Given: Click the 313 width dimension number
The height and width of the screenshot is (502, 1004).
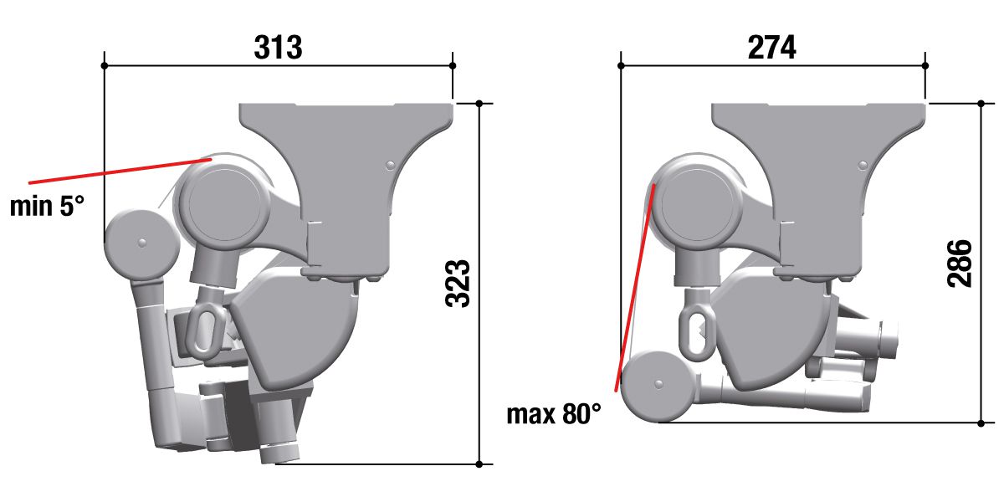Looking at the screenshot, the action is pyautogui.click(x=278, y=47).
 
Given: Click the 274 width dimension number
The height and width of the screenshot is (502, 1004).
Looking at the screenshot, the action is pyautogui.click(x=771, y=47).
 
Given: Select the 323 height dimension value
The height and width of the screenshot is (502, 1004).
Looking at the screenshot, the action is pyautogui.click(x=458, y=284).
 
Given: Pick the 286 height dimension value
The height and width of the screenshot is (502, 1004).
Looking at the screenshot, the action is pyautogui.click(x=959, y=264).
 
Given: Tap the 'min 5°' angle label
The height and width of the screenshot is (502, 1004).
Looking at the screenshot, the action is pyautogui.click(x=47, y=206).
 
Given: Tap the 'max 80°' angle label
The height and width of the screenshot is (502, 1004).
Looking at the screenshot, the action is pyautogui.click(x=554, y=414).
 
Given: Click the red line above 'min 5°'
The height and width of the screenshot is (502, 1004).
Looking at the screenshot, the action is pyautogui.click(x=120, y=171).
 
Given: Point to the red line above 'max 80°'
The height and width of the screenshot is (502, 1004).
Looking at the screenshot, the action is pyautogui.click(x=635, y=287).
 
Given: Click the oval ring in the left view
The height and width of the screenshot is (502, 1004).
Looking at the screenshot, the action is pyautogui.click(x=206, y=329).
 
